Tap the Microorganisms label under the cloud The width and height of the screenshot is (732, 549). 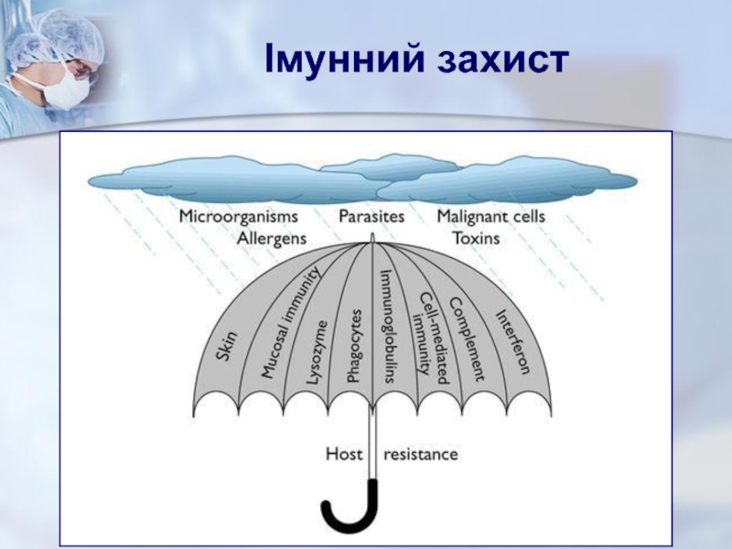pos(239,217)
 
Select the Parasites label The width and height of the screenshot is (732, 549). pos(371,217)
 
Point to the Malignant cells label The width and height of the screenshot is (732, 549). pos(490,217)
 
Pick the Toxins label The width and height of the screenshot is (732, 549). pos(477,238)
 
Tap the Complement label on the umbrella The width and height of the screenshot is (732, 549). pos(467,338)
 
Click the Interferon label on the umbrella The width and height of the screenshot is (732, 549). pos(513,342)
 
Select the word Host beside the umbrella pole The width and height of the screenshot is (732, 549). pos(345,453)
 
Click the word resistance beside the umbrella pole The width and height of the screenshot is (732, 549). pos(421,453)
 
